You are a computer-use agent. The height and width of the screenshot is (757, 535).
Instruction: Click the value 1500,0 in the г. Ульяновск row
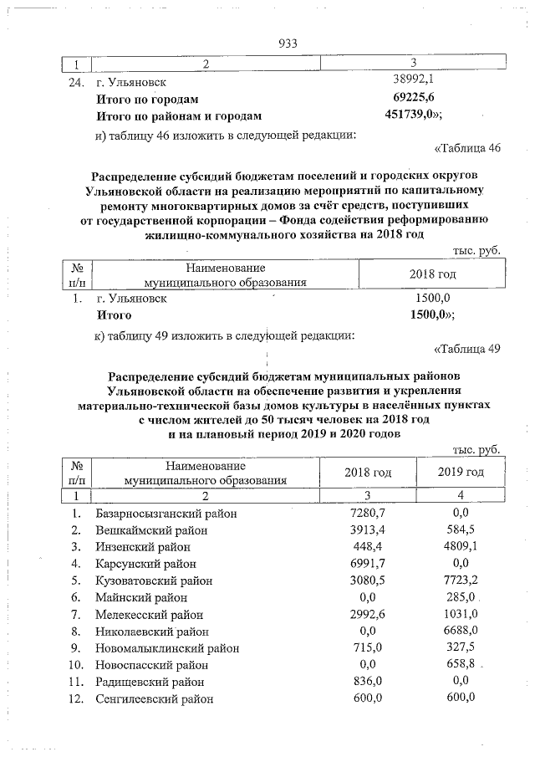tap(433, 297)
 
